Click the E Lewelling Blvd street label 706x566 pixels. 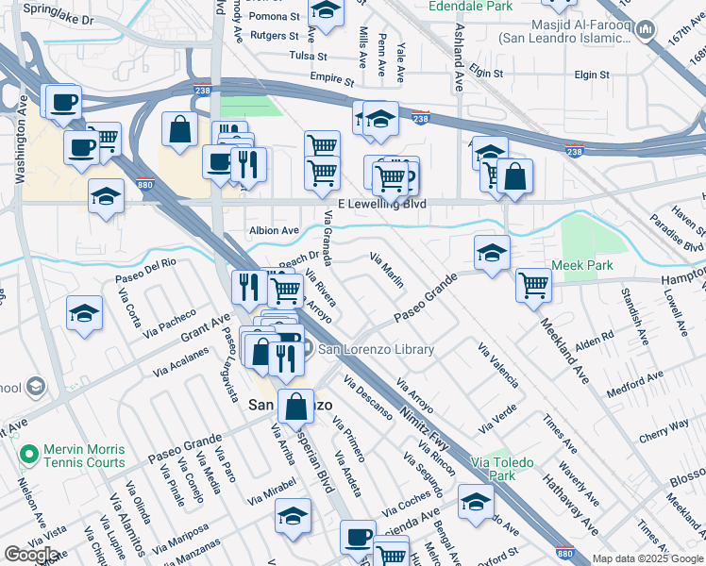tap(381, 204)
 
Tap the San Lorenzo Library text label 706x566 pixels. tap(376, 349)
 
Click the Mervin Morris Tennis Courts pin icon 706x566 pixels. tap(29, 455)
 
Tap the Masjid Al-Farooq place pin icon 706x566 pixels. tap(646, 31)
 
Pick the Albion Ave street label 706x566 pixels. tap(274, 230)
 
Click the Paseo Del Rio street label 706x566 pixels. tap(145, 269)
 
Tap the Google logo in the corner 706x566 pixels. tap(31, 555)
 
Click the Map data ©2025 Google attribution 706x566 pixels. tap(647, 558)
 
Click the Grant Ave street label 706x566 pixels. tap(206, 330)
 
